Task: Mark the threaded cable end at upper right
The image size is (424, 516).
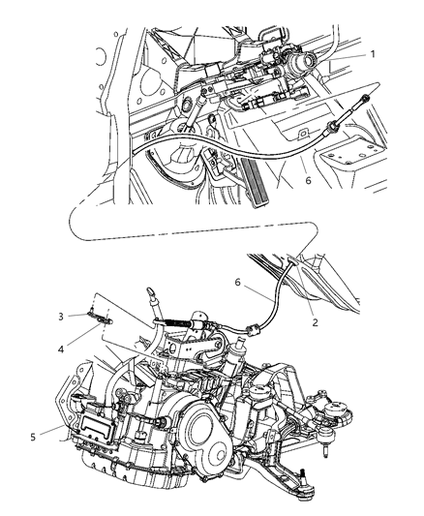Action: [368, 106]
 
